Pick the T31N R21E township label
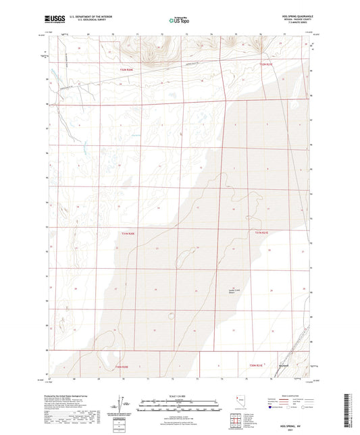point(262,234)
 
